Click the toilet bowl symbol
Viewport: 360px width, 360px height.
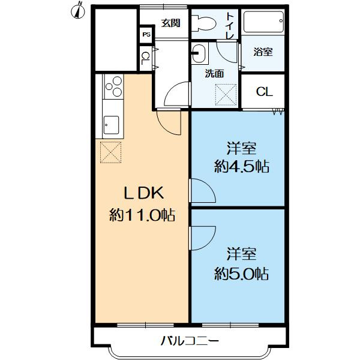pos(203,23)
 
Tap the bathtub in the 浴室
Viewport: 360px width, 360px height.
pos(263,22)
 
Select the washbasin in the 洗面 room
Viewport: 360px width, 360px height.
pos(199,53)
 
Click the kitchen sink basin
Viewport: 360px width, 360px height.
pos(111,125)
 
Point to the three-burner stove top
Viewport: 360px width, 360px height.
pos(113,86)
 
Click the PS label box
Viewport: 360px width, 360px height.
pos(146,34)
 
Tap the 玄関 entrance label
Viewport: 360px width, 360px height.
pos(170,23)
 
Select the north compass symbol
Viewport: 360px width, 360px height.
pos(78,10)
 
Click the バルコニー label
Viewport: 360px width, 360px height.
pos(190,341)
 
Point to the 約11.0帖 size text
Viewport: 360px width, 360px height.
pos(142,215)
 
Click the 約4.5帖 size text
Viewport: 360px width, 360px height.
pos(242,166)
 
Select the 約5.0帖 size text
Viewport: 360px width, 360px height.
pos(242,273)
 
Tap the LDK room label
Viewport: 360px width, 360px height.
pos(144,193)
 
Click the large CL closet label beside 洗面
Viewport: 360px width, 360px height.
pos(264,92)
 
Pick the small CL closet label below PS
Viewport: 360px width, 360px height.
pos(145,58)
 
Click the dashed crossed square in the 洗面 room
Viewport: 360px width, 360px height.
pos(226,95)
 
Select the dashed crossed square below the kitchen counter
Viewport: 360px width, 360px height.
pos(110,152)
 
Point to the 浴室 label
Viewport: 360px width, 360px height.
pos(263,52)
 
